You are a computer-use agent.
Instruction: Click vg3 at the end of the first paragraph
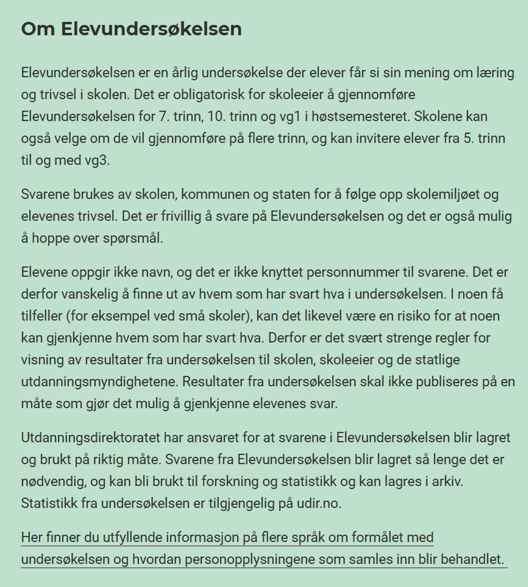(97, 160)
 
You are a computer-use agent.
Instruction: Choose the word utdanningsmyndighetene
(99, 382)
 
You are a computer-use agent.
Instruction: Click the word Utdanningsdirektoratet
(90, 437)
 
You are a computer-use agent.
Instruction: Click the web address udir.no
(318, 503)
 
